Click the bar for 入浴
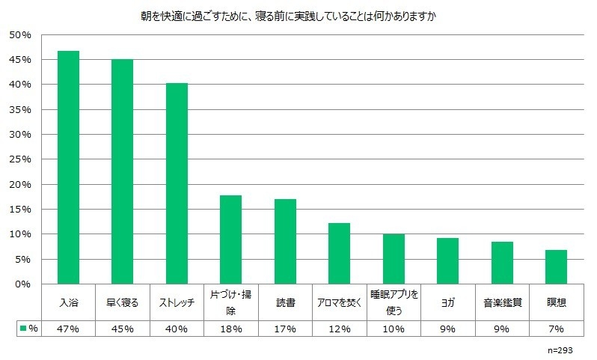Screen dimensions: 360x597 click(x=68, y=168)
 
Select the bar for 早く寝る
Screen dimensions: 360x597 click(x=122, y=172)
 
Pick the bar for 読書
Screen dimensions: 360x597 click(x=285, y=242)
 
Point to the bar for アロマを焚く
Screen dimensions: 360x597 click(x=339, y=254)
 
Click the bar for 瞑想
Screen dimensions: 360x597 click(x=556, y=267)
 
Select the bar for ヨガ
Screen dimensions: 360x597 click(x=447, y=261)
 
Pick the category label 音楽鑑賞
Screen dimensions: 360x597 click(x=502, y=304)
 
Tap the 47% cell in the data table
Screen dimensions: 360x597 click(x=68, y=329)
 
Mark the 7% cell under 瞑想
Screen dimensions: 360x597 click(x=556, y=329)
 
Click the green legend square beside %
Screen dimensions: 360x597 click(x=22, y=329)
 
